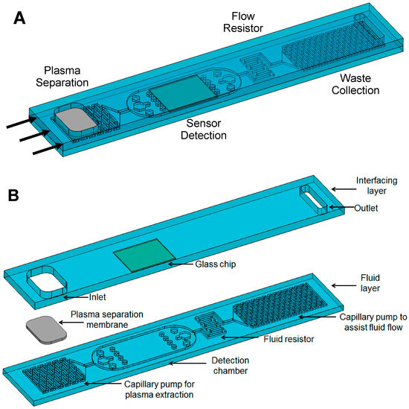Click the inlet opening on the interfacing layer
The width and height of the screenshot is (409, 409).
click(x=43, y=283)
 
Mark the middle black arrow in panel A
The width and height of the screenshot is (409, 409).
click(x=34, y=135)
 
